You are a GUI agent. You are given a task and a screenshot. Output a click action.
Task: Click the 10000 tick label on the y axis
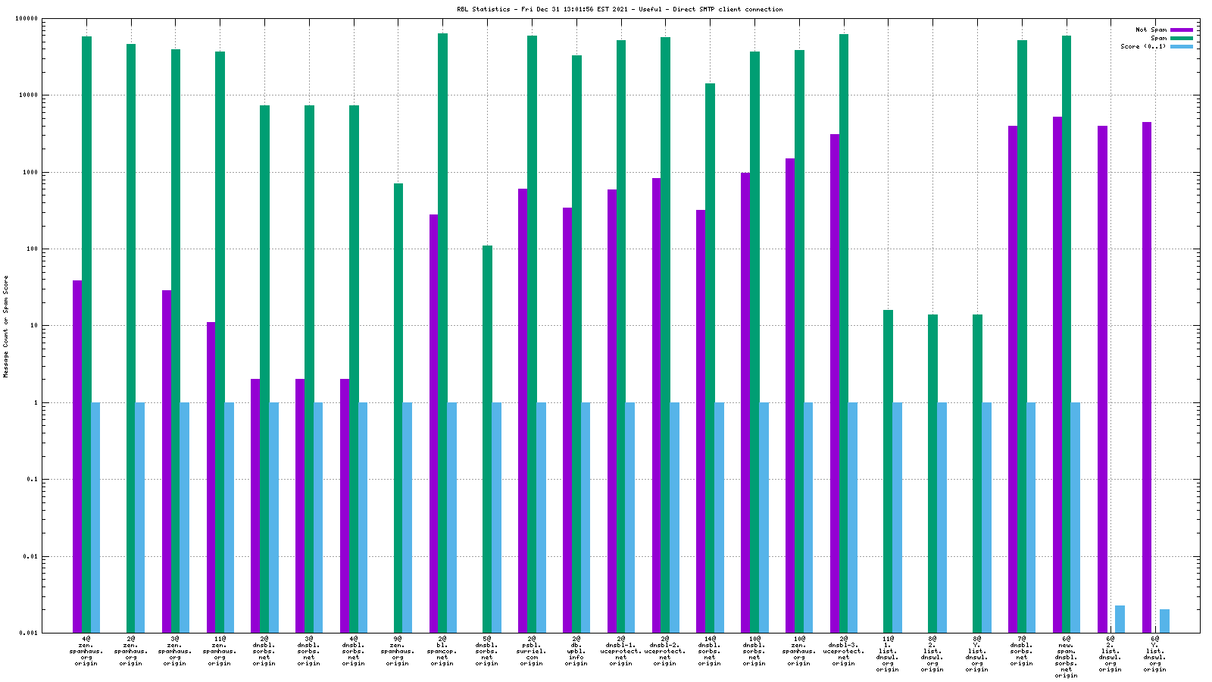[x=28, y=95]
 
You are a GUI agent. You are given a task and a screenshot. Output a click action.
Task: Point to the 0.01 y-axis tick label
[x=30, y=556]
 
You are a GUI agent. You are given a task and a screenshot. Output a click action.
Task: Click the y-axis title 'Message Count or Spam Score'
[x=6, y=326]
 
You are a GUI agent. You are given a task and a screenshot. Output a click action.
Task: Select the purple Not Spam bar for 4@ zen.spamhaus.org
[x=77, y=455]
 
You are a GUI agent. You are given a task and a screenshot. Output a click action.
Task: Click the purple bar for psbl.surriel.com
[x=523, y=409]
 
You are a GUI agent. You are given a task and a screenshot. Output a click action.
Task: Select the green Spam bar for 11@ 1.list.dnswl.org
[x=888, y=470]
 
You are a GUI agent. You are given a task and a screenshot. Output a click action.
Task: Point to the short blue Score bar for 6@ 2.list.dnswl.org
[x=1120, y=618]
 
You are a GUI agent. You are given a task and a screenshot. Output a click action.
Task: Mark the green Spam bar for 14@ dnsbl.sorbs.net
[x=710, y=357]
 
